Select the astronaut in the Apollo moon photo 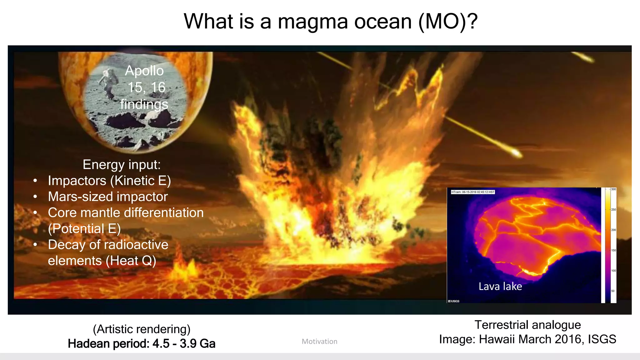108,83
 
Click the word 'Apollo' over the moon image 144,71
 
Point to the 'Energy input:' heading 122,165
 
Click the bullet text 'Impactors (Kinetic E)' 109,181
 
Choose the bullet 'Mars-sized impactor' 108,197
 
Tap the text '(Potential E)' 84,229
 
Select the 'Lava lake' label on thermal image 500,286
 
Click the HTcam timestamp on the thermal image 472,192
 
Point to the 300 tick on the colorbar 613,189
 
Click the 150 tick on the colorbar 613,250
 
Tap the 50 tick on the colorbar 613,291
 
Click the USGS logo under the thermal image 454,301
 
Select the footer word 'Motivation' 319,342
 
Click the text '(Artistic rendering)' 142,329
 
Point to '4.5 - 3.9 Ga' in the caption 184,344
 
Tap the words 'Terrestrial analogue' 527,325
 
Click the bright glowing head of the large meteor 516,153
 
